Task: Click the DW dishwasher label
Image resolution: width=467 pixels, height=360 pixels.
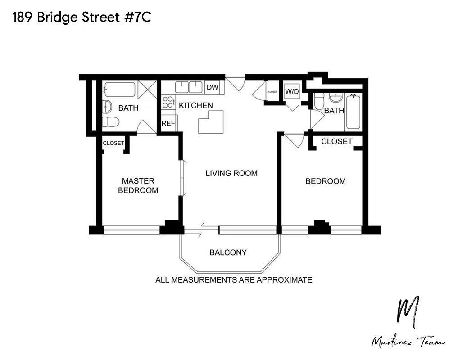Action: pyautogui.click(x=212, y=88)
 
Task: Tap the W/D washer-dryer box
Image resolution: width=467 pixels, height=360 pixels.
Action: pyautogui.click(x=292, y=92)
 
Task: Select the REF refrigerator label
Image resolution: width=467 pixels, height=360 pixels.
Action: pyautogui.click(x=168, y=123)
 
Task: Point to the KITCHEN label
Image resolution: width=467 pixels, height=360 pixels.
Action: pyautogui.click(x=196, y=106)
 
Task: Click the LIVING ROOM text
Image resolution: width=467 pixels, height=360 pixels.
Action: pyautogui.click(x=231, y=173)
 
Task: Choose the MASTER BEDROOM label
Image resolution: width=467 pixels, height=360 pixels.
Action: pyautogui.click(x=138, y=185)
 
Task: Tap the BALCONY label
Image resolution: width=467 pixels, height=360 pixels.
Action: pyautogui.click(x=228, y=252)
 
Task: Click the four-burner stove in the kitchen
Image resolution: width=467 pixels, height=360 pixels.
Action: pyautogui.click(x=168, y=102)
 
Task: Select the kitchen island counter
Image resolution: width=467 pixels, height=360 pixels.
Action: pyautogui.click(x=211, y=123)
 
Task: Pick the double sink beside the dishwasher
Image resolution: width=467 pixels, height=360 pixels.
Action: pyautogui.click(x=188, y=87)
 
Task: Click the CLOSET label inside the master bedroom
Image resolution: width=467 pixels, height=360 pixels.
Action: pyautogui.click(x=113, y=143)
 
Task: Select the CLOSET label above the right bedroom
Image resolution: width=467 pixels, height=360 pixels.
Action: pyautogui.click(x=337, y=141)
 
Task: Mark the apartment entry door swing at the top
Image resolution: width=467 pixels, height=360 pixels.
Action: pyautogui.click(x=235, y=84)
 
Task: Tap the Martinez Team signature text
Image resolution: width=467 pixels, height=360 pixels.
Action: pyautogui.click(x=408, y=342)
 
